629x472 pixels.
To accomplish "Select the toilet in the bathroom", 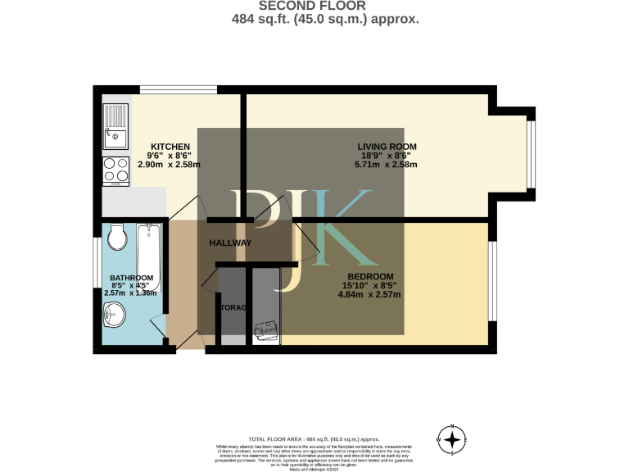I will pos(117,238).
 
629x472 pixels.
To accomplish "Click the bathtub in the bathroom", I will pos(149,257).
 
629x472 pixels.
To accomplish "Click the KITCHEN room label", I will pos(170,147).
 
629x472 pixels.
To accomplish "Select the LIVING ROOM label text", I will pos(382,147).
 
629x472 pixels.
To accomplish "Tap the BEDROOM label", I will pos(370,276).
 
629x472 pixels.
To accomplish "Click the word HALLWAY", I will pos(230,243).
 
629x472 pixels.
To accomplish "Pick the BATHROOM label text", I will pos(132,278).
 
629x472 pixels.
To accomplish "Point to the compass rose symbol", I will pos(450,441).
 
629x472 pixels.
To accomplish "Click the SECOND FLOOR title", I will pos(314,7).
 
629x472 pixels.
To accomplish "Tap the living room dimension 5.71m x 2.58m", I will pos(385,165).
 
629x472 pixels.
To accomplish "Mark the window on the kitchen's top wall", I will pos(178,89).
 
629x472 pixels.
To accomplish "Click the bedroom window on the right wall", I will pos(493,281).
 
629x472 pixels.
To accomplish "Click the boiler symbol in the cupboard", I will pos(265,330).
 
